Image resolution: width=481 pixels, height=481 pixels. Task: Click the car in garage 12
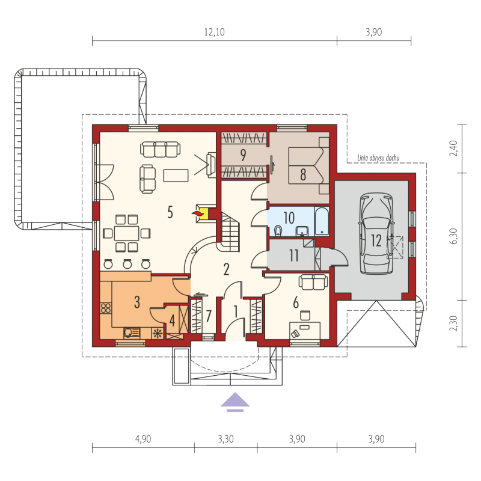(376, 233)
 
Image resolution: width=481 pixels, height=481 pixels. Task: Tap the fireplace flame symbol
(198, 213)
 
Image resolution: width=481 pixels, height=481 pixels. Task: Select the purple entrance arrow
(235, 402)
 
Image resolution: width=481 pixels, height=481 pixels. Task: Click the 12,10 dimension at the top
(215, 32)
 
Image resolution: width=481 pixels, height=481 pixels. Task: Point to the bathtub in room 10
(322, 221)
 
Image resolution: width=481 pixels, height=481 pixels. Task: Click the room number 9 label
(244, 155)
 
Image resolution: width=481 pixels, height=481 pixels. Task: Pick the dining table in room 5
(126, 233)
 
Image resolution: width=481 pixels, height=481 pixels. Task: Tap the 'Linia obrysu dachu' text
(378, 158)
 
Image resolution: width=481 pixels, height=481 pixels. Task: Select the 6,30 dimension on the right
(455, 236)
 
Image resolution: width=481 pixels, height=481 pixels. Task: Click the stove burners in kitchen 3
(106, 308)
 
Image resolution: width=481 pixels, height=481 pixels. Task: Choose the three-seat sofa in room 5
(160, 149)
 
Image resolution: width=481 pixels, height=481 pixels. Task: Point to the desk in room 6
(305, 330)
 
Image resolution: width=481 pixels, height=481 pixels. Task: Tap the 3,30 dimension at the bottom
(226, 439)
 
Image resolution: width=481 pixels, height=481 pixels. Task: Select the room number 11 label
(294, 255)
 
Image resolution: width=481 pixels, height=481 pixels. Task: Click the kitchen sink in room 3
(132, 333)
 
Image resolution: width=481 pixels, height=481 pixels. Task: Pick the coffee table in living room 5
(176, 176)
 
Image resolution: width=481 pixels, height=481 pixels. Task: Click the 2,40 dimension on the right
(454, 149)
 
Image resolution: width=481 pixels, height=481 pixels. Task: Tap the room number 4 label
(172, 321)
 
